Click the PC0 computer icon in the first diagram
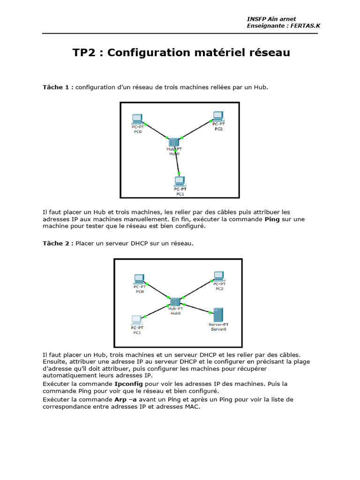(137, 118)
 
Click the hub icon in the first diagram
(174, 142)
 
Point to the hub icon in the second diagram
(175, 302)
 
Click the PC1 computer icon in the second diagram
(136, 321)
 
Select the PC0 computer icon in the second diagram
(139, 278)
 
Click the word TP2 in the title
(86, 52)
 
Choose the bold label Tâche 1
(58, 87)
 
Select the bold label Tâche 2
(58, 243)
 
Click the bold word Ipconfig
(128, 384)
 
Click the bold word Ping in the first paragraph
(272, 219)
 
